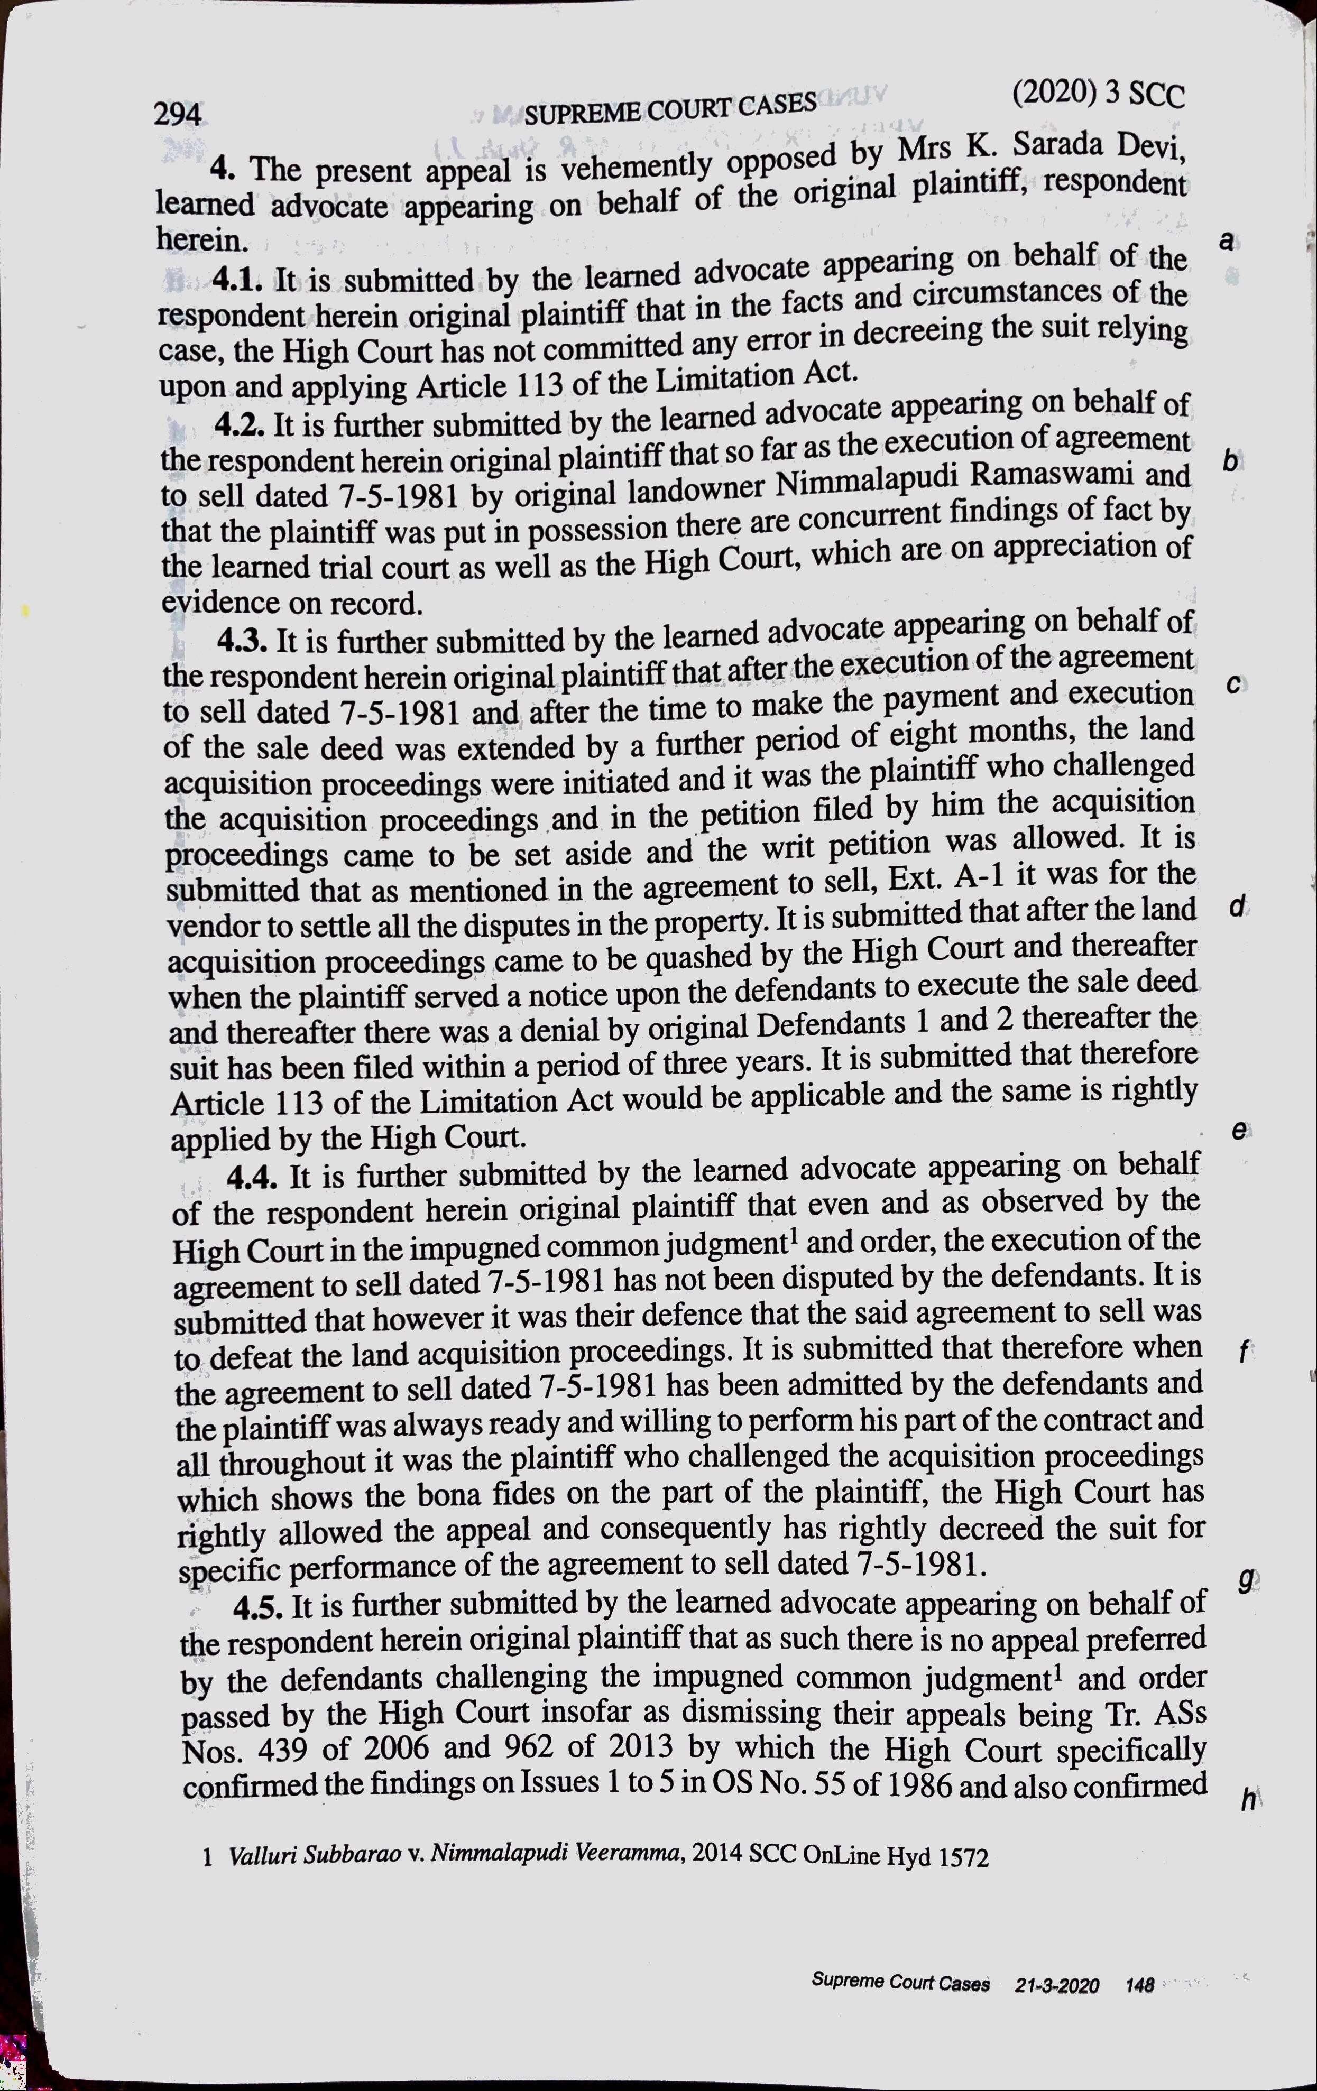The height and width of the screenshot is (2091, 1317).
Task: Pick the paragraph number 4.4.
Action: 253,1178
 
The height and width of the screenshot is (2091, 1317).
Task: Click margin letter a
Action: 1225,242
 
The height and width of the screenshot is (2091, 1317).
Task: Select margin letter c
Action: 1233,684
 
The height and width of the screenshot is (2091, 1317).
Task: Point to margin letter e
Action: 1239,1130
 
